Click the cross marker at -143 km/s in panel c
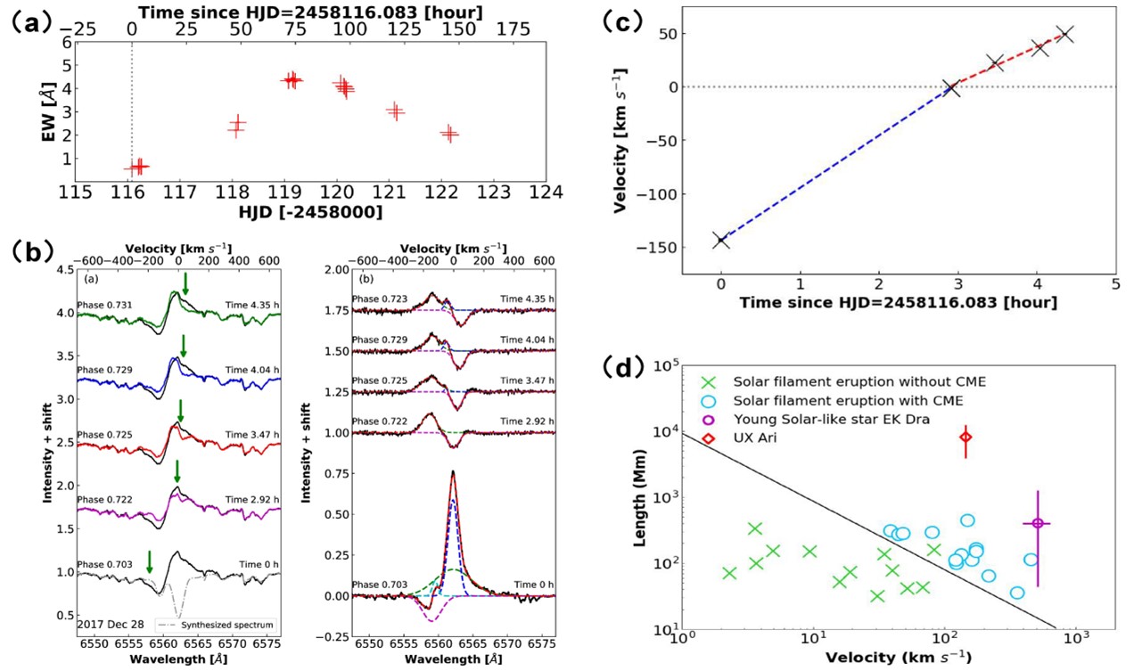720,240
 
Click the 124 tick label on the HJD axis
546,192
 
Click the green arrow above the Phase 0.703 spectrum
150,561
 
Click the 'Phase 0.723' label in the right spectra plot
379,299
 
